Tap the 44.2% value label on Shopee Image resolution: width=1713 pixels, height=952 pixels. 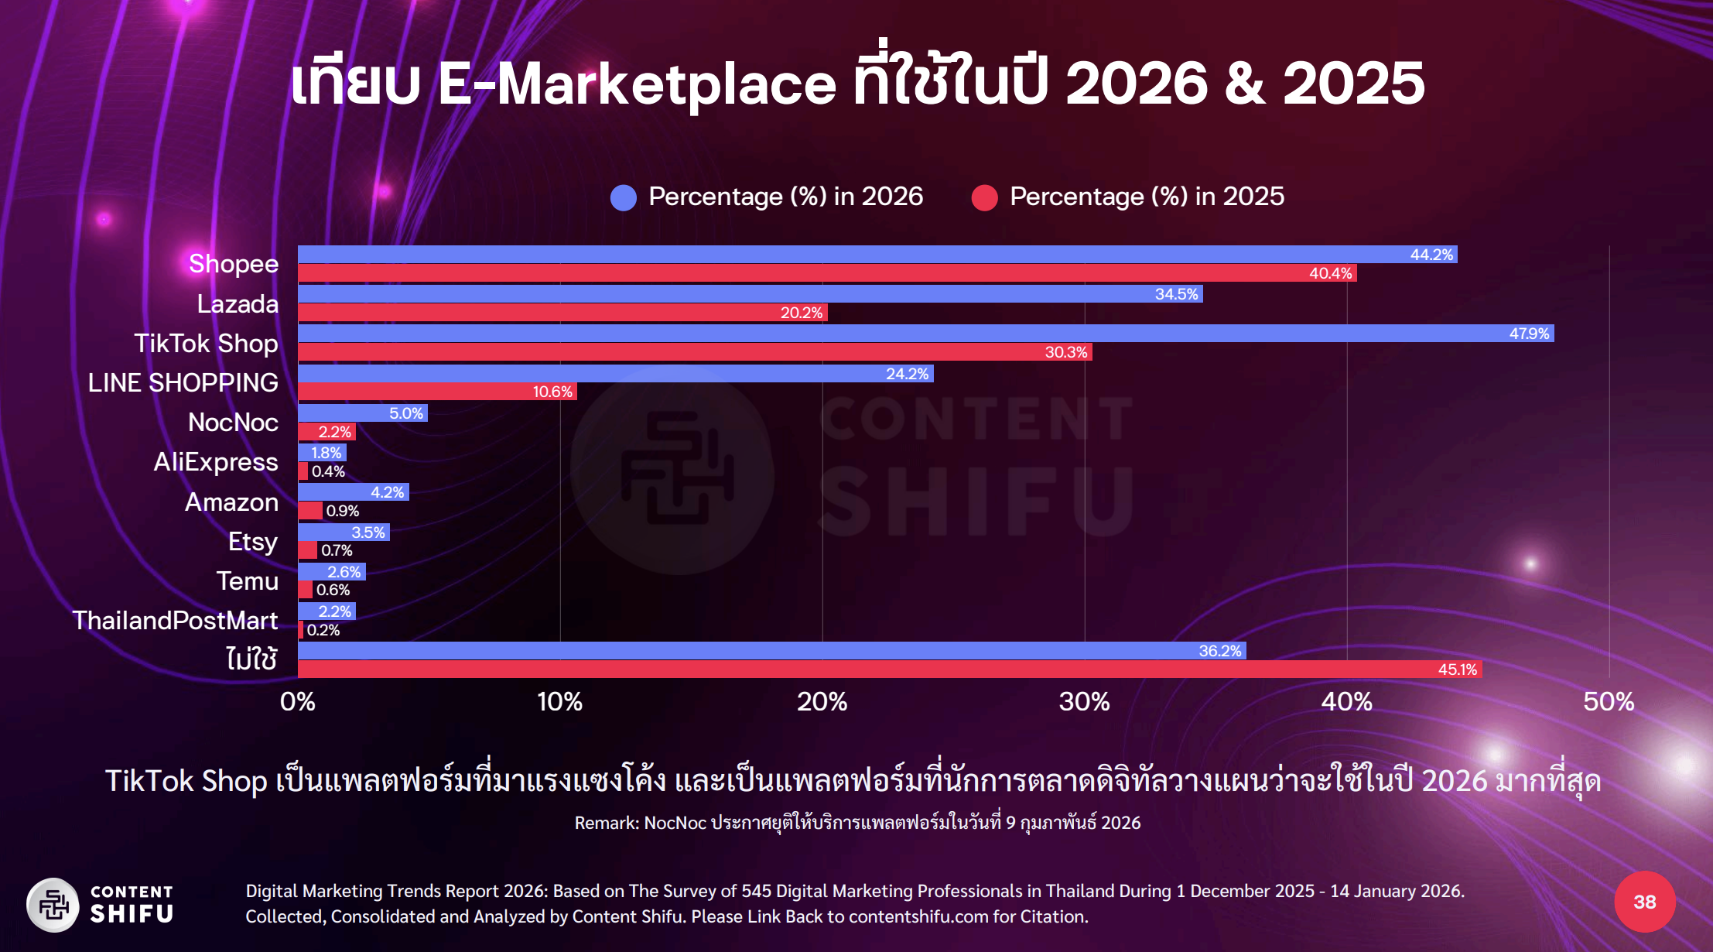(x=1431, y=255)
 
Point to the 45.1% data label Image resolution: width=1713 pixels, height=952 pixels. (x=1457, y=669)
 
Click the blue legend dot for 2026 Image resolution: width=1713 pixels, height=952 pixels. (x=624, y=197)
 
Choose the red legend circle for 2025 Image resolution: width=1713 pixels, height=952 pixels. (x=985, y=197)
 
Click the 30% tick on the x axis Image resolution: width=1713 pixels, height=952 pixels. (x=1084, y=702)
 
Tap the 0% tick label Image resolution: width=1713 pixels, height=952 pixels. (x=298, y=702)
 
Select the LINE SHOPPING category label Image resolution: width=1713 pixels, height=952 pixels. (x=183, y=382)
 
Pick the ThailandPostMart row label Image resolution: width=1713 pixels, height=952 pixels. (x=176, y=621)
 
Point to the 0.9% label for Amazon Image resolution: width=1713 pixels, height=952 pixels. (x=343, y=511)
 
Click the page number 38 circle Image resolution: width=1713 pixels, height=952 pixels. (x=1644, y=902)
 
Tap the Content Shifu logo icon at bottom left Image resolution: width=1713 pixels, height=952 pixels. (x=53, y=904)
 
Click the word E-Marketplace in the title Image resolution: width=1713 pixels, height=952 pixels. (x=637, y=84)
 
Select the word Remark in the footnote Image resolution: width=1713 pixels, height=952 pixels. (x=606, y=823)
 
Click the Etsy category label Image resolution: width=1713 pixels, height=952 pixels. (x=252, y=542)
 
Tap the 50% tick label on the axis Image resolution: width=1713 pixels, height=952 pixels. (x=1609, y=702)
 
